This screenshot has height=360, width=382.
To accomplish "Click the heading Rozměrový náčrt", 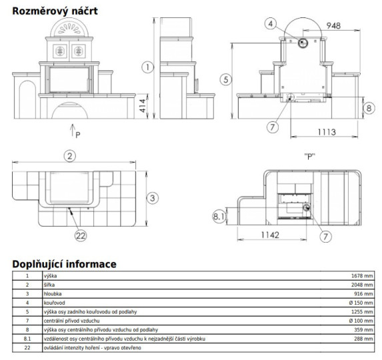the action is [x=55, y=11].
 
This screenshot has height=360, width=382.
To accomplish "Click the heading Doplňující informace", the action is [x=64, y=264].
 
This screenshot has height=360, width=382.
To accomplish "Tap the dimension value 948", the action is [x=333, y=25].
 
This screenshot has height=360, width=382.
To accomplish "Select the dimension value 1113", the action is [x=327, y=132].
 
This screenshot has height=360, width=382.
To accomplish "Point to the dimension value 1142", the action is [x=270, y=235].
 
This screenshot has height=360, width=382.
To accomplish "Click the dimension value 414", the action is [x=142, y=105].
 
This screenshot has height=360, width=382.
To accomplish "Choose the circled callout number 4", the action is [x=271, y=23].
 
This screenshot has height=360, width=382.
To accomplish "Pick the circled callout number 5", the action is [x=226, y=79].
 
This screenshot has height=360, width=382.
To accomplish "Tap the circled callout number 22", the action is [x=81, y=235].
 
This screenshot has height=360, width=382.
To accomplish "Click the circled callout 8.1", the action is [x=219, y=216].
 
